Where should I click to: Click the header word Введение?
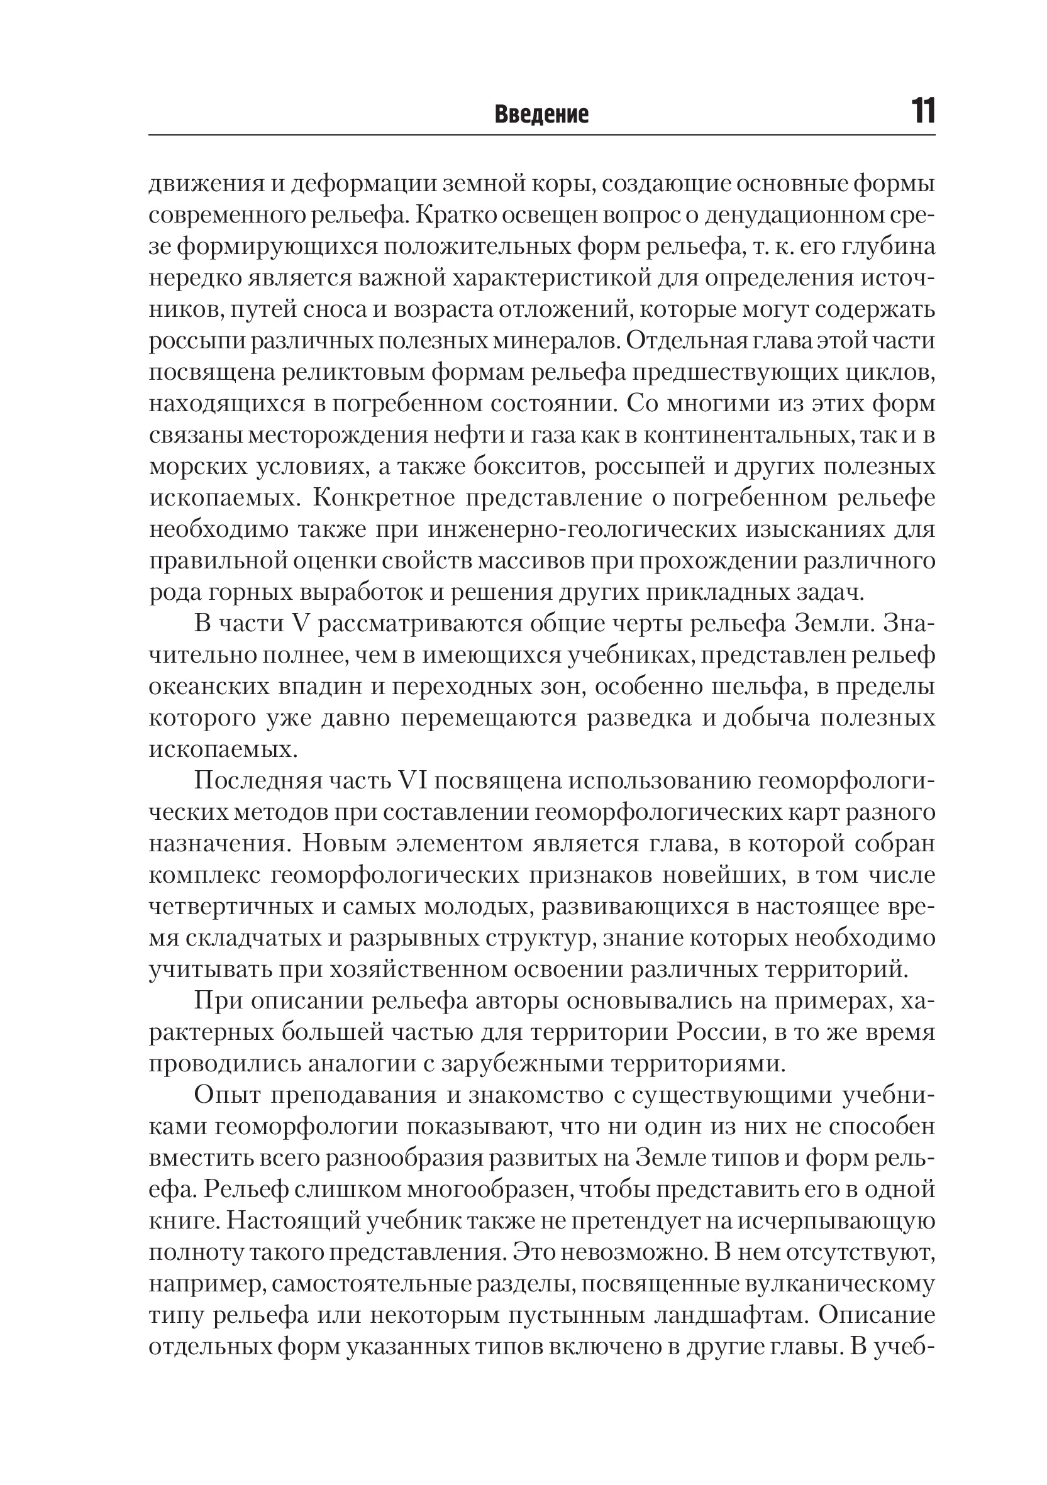(x=541, y=114)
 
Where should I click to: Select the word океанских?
(x=208, y=687)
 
